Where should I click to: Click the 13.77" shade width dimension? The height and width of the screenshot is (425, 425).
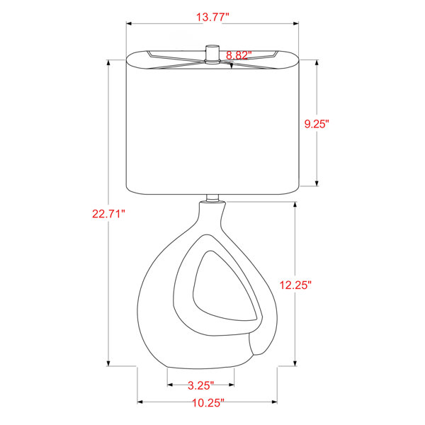(x=212, y=17)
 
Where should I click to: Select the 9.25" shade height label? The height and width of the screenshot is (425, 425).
(x=317, y=124)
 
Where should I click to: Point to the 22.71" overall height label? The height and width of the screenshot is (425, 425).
(x=108, y=214)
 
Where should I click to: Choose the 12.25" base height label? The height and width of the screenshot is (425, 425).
(x=295, y=285)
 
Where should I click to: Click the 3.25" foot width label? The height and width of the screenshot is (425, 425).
(x=201, y=385)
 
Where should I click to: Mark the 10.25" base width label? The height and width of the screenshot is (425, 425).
(x=208, y=403)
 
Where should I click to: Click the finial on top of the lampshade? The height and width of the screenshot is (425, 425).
(x=212, y=55)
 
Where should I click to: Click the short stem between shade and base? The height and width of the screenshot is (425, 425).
(x=212, y=198)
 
